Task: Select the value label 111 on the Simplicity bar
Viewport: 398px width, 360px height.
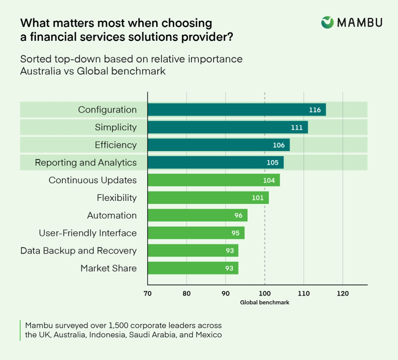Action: [x=297, y=128]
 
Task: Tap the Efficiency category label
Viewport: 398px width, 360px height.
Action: [x=115, y=145]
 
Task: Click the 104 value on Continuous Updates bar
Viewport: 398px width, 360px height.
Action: [x=268, y=180]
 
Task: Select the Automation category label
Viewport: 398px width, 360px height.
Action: [x=111, y=215]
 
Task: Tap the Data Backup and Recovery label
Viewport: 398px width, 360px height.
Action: [x=78, y=251]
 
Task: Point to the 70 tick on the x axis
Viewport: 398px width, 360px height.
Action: [x=148, y=293]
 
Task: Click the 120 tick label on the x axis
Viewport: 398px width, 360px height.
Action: [x=342, y=293]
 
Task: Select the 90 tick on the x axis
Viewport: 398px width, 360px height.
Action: [x=225, y=293]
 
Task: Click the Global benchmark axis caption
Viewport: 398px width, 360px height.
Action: [x=264, y=302]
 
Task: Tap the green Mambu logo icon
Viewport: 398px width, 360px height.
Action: [x=327, y=22]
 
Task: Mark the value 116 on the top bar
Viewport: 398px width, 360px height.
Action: [x=314, y=110]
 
